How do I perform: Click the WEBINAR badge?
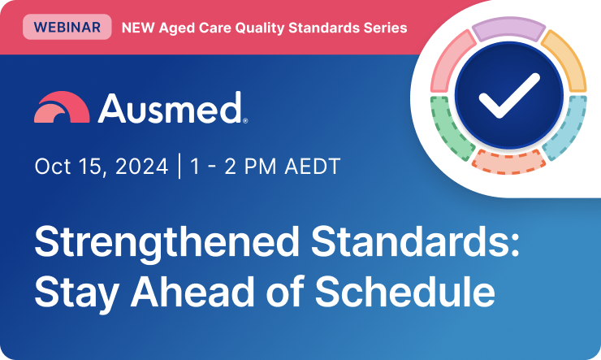[x=67, y=28]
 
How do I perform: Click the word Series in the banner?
[x=387, y=28]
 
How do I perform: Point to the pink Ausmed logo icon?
[x=62, y=108]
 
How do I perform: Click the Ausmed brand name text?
[x=171, y=108]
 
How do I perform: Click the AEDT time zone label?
[x=312, y=167]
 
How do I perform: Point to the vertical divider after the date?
[x=179, y=167]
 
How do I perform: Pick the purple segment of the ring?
[x=508, y=29]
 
